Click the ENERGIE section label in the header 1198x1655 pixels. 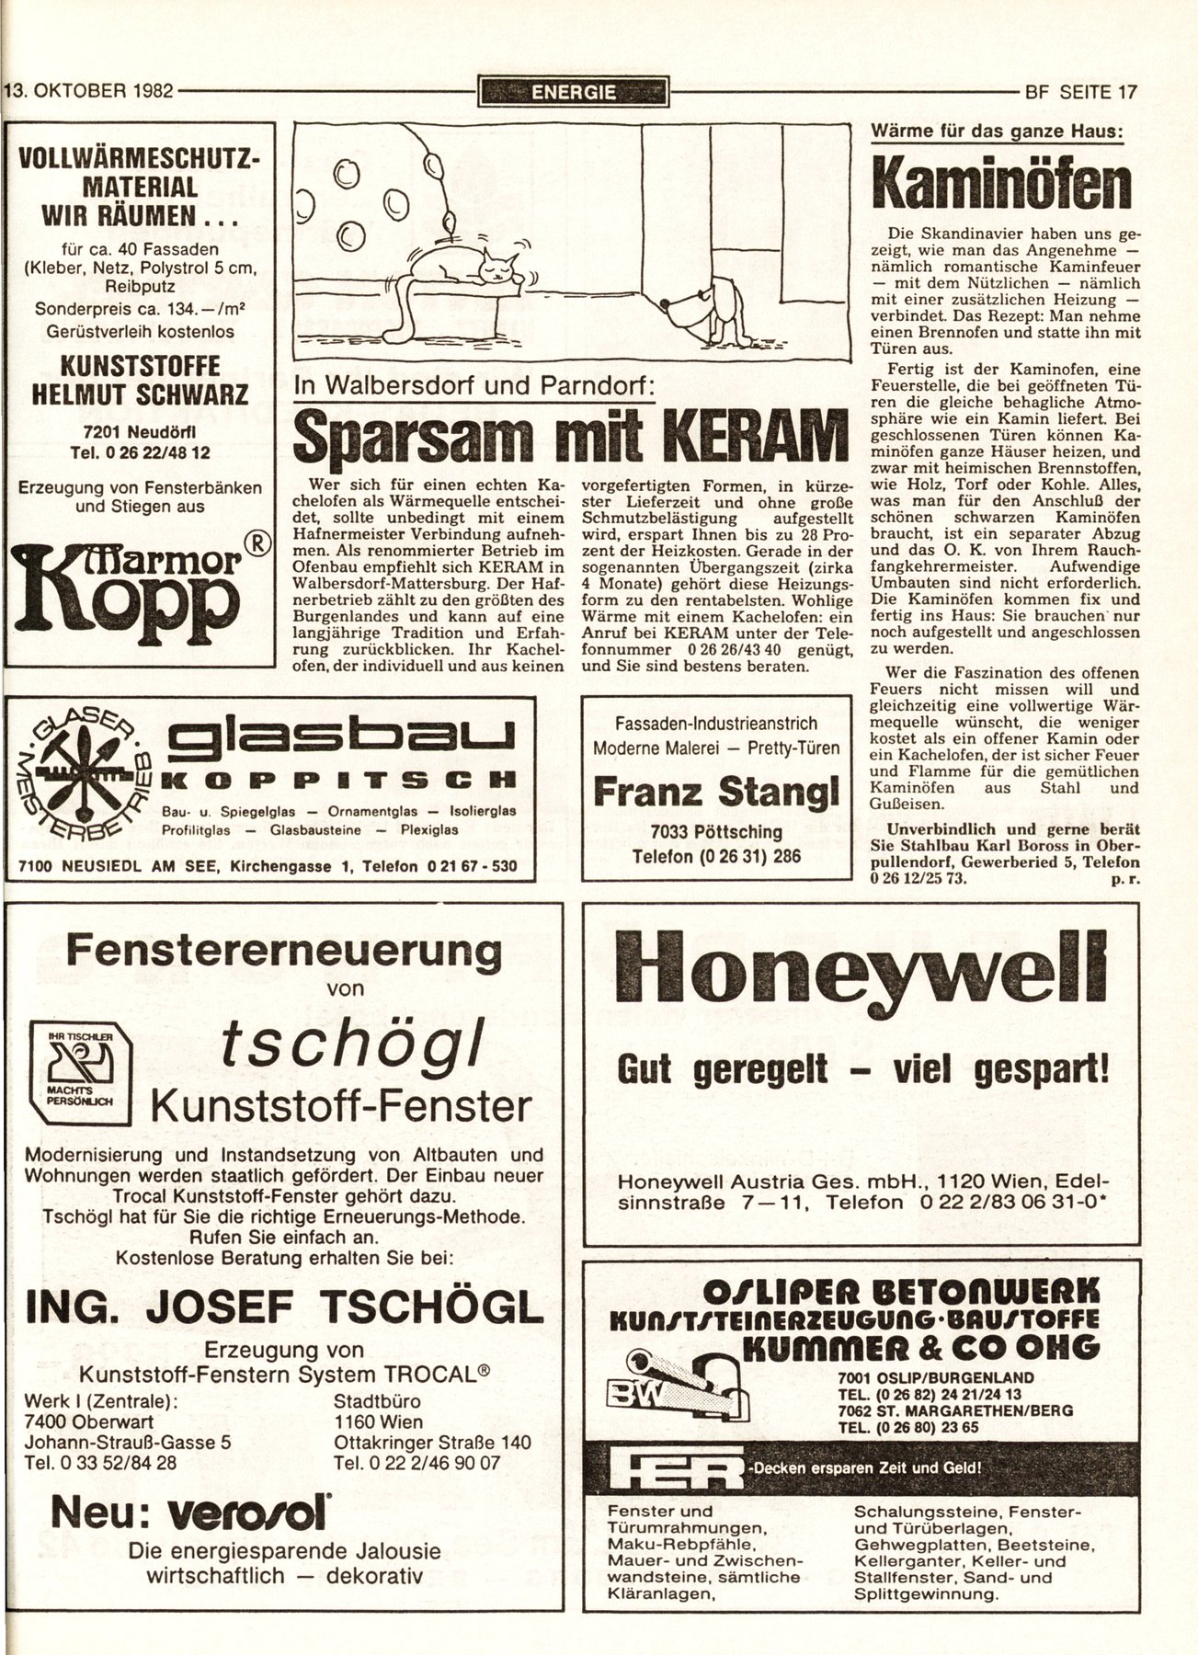[x=573, y=92]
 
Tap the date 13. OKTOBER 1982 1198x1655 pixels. [x=90, y=92]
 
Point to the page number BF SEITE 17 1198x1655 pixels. [x=1079, y=92]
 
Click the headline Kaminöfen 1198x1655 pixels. [x=1001, y=185]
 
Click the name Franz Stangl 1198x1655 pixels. [x=716, y=792]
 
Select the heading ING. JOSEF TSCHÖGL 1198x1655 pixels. [x=284, y=1306]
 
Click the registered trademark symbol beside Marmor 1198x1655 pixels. [x=258, y=543]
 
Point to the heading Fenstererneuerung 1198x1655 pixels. [x=284, y=950]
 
